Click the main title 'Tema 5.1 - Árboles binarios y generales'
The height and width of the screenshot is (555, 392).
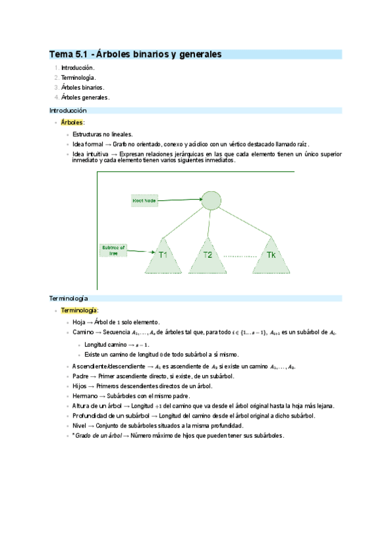pyautogui.click(x=135, y=54)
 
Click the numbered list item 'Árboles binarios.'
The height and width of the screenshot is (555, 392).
pyautogui.click(x=82, y=87)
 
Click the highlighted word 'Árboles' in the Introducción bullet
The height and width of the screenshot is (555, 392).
pyautogui.click(x=72, y=122)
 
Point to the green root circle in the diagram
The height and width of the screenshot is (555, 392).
pyautogui.click(x=210, y=200)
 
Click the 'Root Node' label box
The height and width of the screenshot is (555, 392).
pyautogui.click(x=144, y=202)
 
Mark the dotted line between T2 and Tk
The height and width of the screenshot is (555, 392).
pyautogui.click(x=239, y=256)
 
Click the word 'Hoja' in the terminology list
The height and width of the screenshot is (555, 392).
pyautogui.click(x=79, y=322)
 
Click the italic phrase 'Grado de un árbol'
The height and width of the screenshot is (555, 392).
pyautogui.click(x=97, y=435)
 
